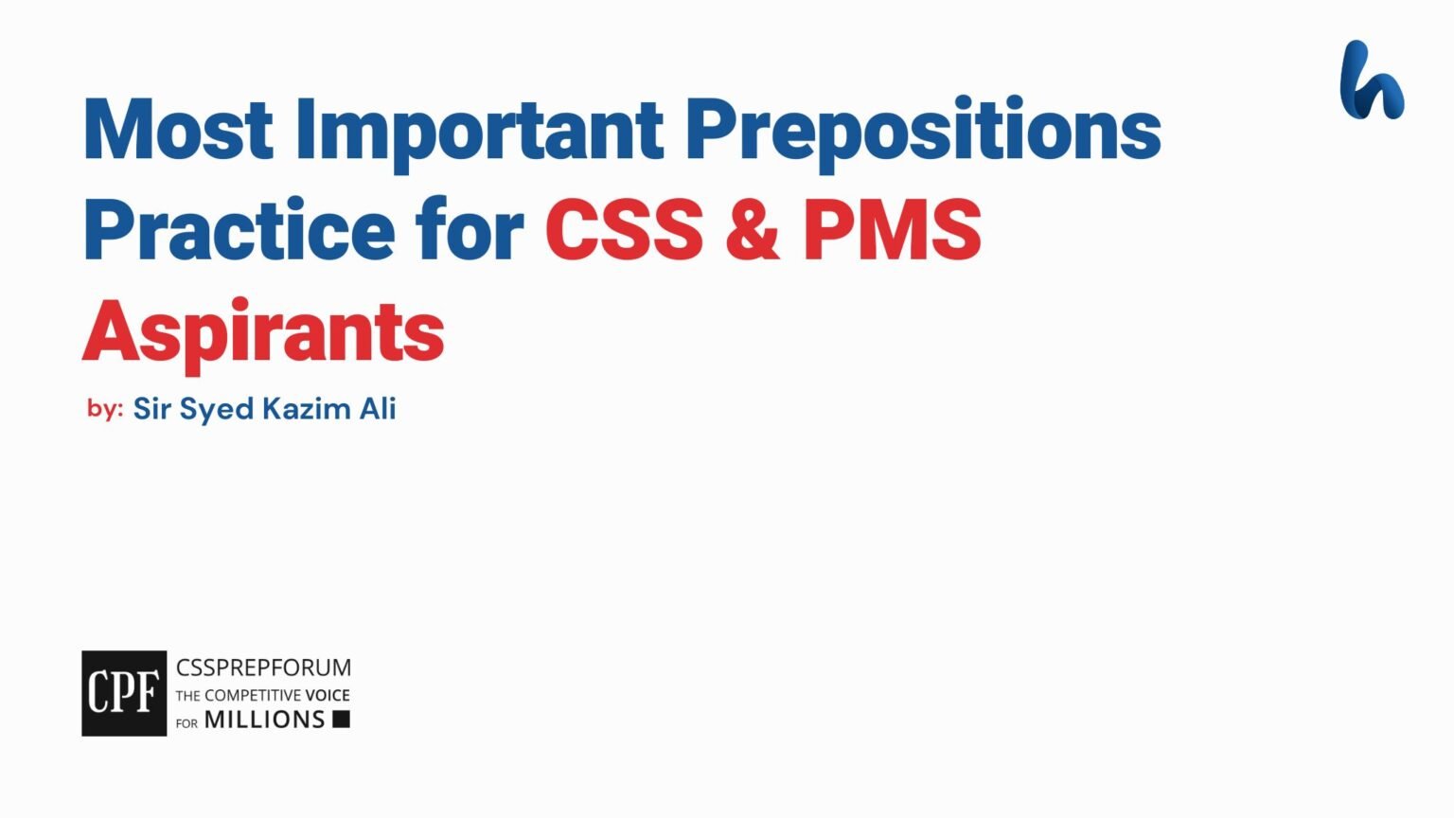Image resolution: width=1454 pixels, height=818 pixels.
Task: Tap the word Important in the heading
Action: tap(479, 130)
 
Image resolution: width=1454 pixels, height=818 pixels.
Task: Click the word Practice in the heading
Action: tap(239, 231)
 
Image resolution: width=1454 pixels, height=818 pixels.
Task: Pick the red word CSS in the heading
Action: tap(624, 231)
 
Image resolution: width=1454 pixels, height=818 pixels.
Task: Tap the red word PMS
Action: tap(892, 231)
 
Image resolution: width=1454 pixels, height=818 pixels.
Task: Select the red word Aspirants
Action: tap(263, 332)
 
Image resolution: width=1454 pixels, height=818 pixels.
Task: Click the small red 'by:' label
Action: tap(105, 408)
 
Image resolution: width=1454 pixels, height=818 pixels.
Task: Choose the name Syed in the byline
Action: tap(216, 410)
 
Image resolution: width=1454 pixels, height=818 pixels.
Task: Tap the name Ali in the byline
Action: tap(377, 409)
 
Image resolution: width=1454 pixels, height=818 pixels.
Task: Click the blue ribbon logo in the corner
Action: tap(1372, 80)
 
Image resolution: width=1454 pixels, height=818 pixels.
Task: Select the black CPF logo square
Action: tap(124, 693)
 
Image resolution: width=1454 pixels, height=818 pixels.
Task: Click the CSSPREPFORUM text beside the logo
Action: tap(263, 667)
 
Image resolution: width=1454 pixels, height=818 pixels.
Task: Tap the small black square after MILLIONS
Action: tap(341, 720)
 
